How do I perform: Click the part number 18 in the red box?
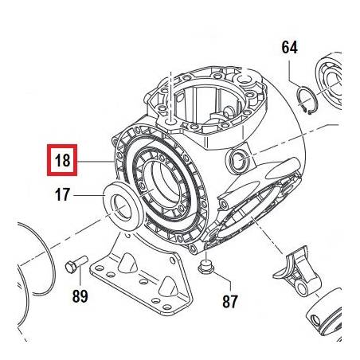(x=62, y=160)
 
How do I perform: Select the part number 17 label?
(x=62, y=194)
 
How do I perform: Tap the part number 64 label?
(x=289, y=48)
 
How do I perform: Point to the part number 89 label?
(x=80, y=296)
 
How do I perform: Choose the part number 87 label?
(x=230, y=301)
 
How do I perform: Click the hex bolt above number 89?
(x=76, y=264)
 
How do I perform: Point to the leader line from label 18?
(x=96, y=162)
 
